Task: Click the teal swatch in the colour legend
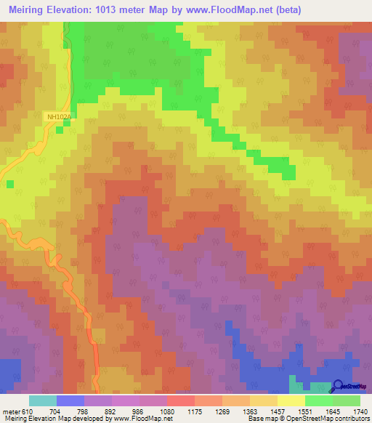coord(43,400)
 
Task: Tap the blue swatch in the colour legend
coord(70,400)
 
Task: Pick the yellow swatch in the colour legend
coord(291,400)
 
